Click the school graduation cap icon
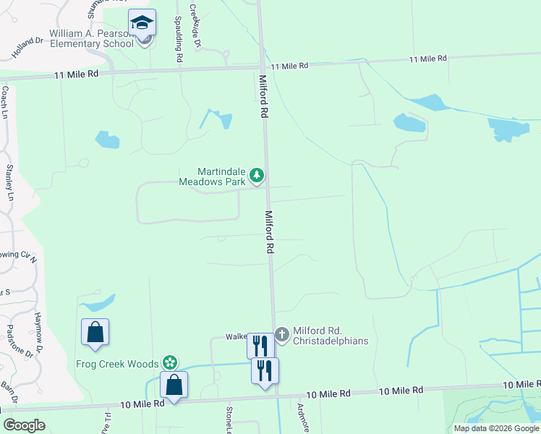[142, 22]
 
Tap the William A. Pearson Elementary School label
[92, 38]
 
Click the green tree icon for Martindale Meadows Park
[256, 175]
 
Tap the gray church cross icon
[281, 334]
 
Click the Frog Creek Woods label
[119, 363]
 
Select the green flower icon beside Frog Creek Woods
[170, 362]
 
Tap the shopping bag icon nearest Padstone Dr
[95, 333]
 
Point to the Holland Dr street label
[28, 48]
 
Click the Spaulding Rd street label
[177, 41]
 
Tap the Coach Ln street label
[5, 103]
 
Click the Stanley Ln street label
[9, 182]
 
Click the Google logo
[24, 425]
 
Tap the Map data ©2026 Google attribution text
[495, 428]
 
